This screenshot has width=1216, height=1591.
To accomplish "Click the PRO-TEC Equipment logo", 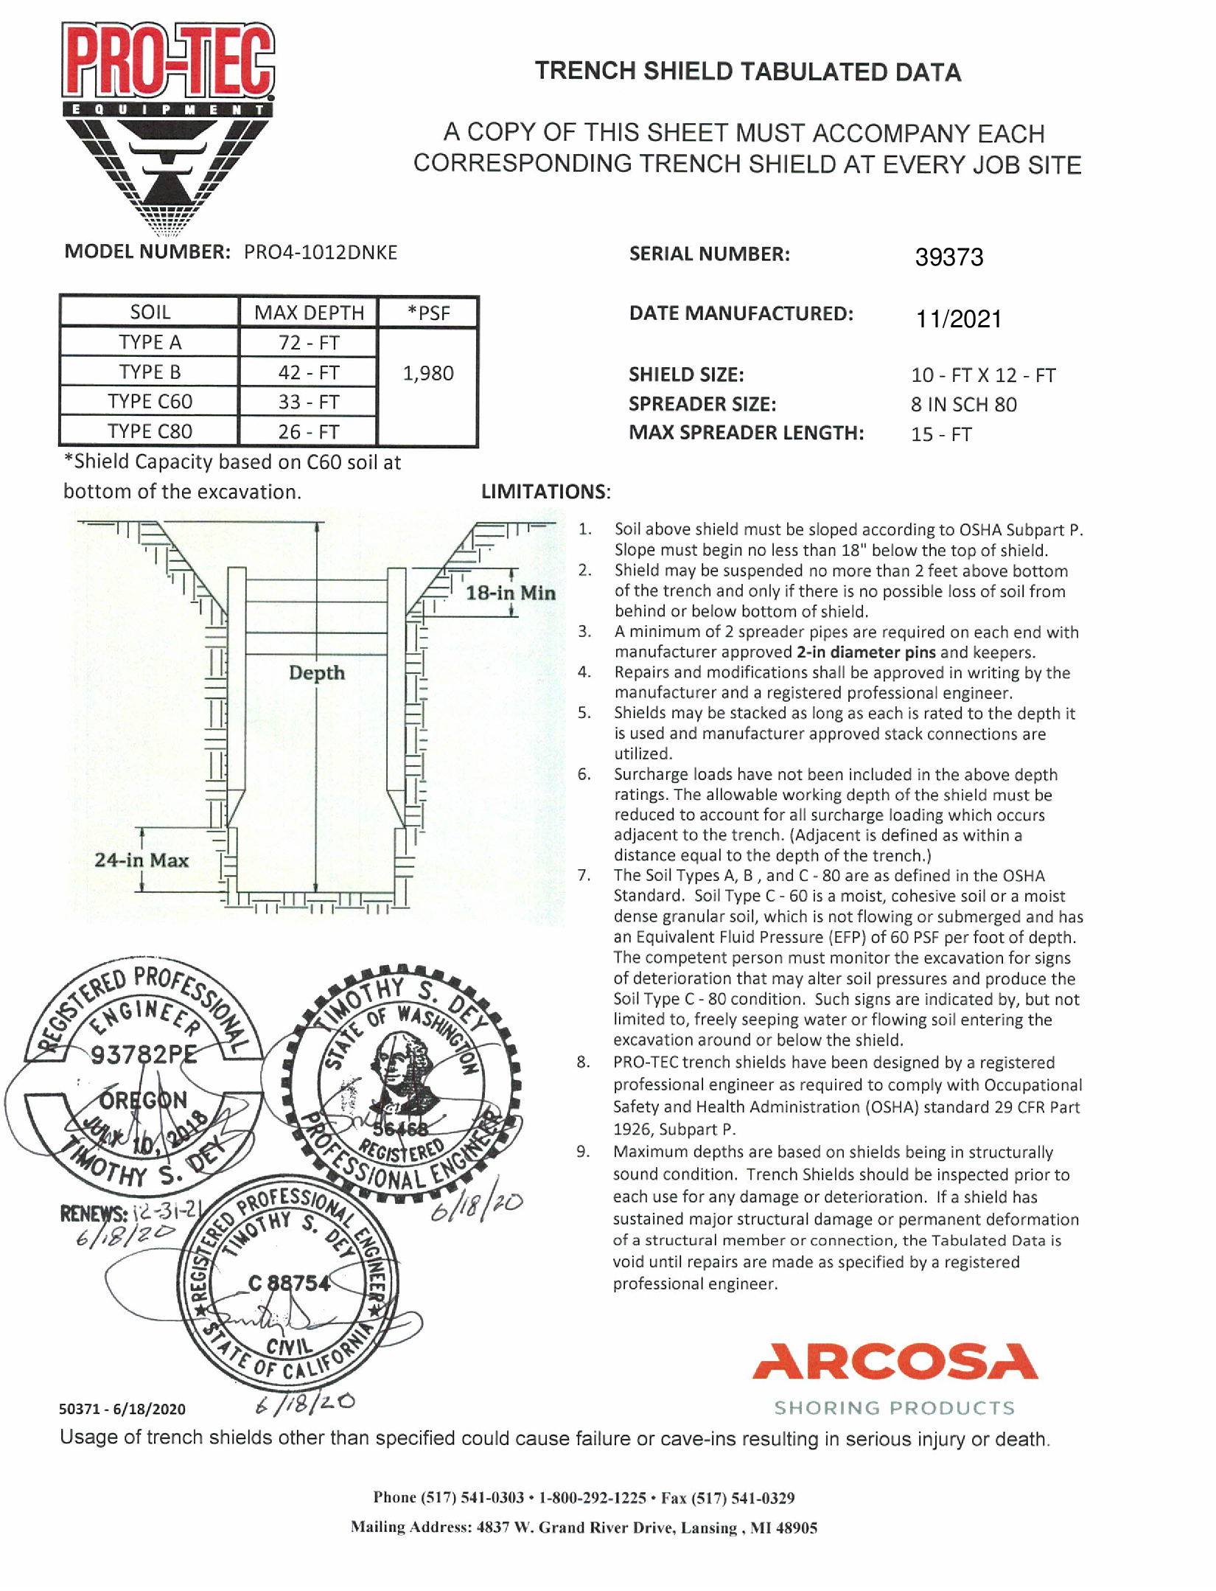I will pyautogui.click(x=168, y=125).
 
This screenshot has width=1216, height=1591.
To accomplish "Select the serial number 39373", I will pyautogui.click(x=948, y=257).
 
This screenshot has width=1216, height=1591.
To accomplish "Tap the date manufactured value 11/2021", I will pyautogui.click(x=958, y=319).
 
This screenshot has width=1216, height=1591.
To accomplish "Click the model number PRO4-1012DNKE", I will pyautogui.click(x=321, y=253).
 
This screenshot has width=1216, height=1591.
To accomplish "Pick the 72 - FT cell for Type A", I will pyautogui.click(x=308, y=343).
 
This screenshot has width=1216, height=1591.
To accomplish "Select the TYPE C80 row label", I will pyautogui.click(x=150, y=431).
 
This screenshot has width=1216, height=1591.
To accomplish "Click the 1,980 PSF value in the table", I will pyautogui.click(x=427, y=373).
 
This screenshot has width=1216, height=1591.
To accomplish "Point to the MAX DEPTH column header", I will pyautogui.click(x=309, y=313).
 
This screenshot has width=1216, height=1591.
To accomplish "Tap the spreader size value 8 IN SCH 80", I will pyautogui.click(x=963, y=405).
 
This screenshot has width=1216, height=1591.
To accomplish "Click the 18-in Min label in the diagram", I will pyautogui.click(x=510, y=593).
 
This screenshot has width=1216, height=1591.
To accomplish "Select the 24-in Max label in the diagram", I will pyautogui.click(x=141, y=860).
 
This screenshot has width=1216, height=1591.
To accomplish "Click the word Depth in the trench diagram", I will pyautogui.click(x=316, y=672).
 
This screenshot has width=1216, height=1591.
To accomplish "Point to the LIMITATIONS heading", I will pyautogui.click(x=545, y=492).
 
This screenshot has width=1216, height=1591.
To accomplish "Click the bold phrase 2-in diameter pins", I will pyautogui.click(x=866, y=652).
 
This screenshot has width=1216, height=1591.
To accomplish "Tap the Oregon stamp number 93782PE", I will pyautogui.click(x=144, y=1055).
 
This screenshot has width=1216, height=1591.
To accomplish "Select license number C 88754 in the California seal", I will pyautogui.click(x=289, y=1284).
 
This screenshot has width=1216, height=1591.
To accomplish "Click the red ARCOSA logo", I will pyautogui.click(x=895, y=1361).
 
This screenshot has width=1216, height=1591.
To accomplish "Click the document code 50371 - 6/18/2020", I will pyautogui.click(x=122, y=1409).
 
